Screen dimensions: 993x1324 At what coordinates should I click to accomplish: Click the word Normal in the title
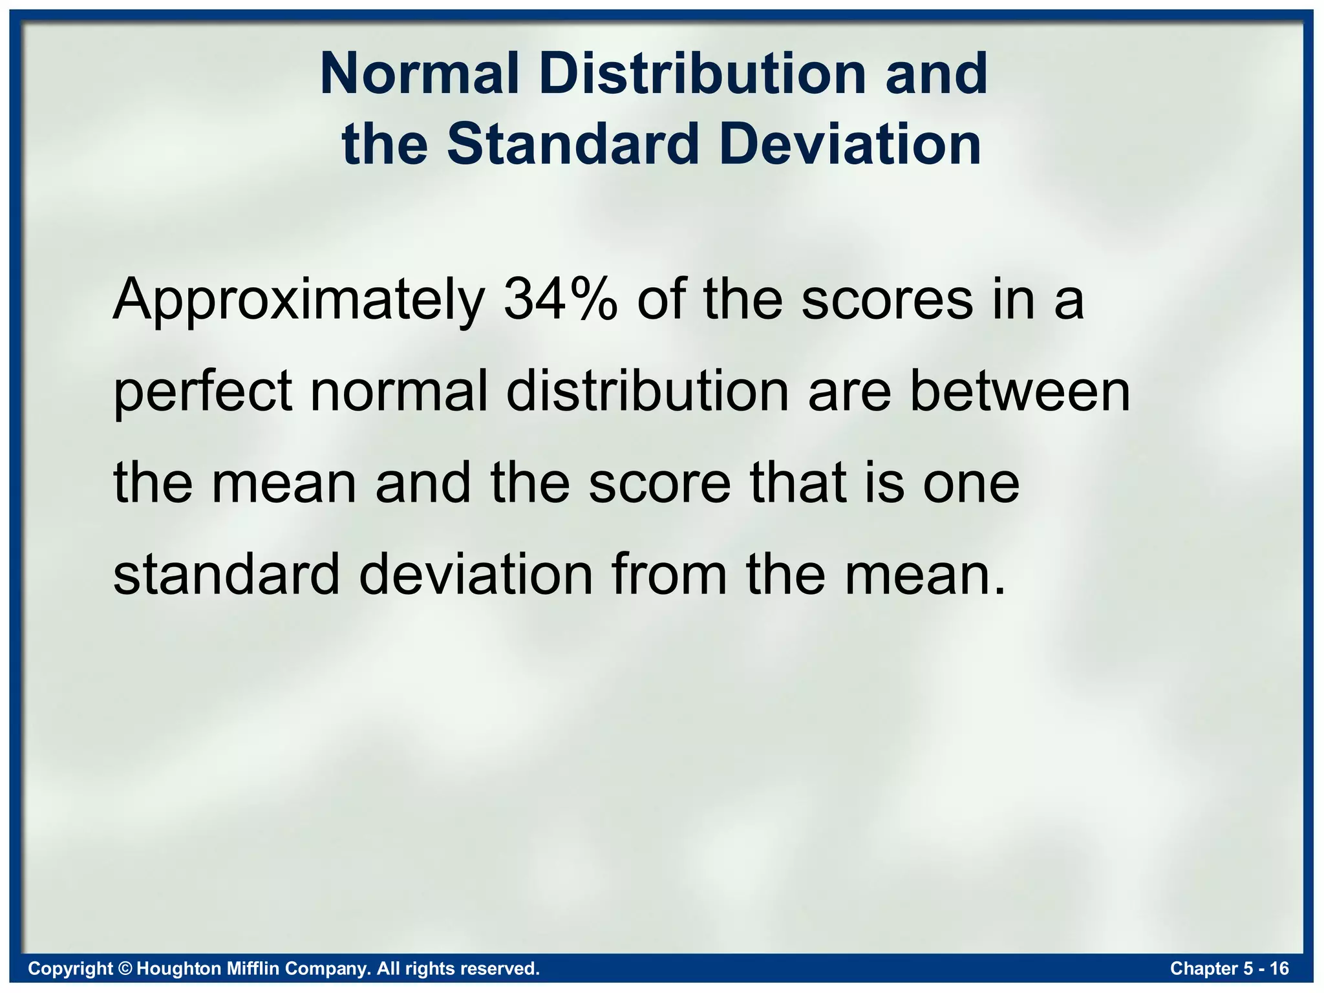click(420, 74)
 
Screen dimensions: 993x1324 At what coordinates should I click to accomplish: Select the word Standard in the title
click(573, 144)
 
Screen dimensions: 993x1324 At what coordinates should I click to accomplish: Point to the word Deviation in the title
click(849, 144)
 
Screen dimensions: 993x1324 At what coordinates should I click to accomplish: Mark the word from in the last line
click(668, 575)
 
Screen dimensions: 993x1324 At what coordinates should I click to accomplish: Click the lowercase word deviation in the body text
click(476, 575)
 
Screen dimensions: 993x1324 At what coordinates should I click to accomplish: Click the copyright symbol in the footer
click(125, 968)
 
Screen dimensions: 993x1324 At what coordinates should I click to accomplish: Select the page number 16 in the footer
click(1279, 968)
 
